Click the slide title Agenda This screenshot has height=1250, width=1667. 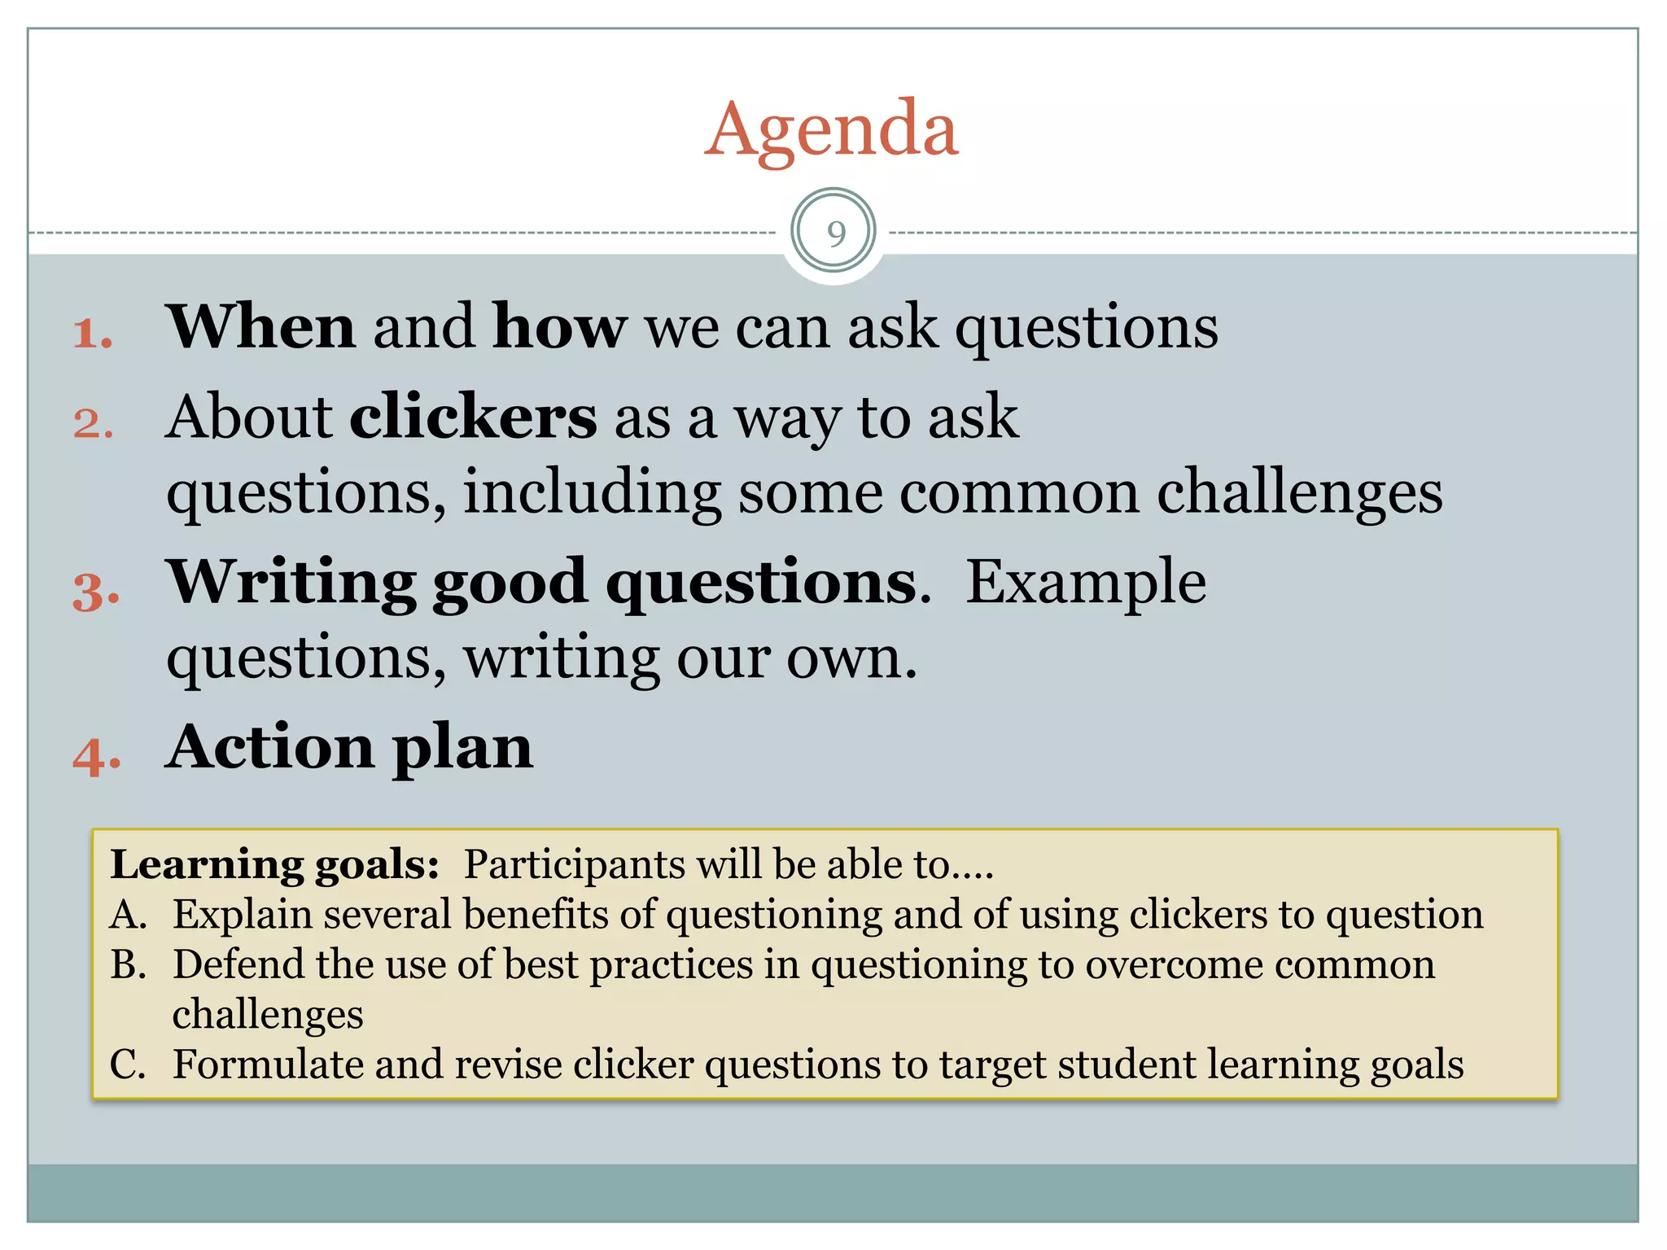click(x=832, y=130)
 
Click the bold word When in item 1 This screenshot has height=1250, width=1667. click(x=260, y=327)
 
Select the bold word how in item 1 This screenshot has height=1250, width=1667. click(x=559, y=327)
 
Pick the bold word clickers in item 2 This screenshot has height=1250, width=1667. click(x=473, y=417)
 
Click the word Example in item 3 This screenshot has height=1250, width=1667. click(x=1086, y=583)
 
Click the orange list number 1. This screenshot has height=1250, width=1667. click(x=92, y=334)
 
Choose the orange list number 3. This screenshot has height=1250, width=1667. click(x=95, y=592)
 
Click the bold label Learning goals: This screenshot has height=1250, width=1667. click(x=274, y=864)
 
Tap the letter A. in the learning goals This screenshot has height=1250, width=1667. click(x=129, y=915)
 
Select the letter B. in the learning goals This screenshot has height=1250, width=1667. click(x=129, y=965)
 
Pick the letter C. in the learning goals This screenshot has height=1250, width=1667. click(x=128, y=1065)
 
